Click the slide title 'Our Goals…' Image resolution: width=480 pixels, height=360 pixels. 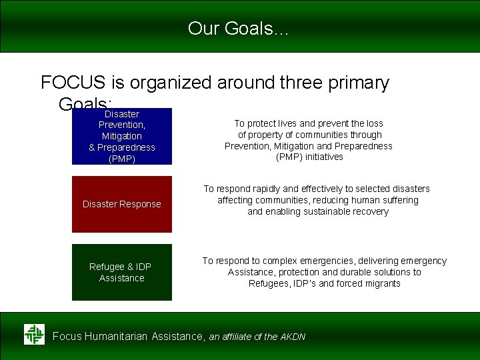pyautogui.click(x=239, y=28)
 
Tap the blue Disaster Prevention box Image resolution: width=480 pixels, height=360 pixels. pyautogui.click(x=121, y=137)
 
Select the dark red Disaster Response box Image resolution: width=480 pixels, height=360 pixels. pyautogui.click(x=121, y=204)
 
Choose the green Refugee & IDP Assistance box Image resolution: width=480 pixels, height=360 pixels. pyautogui.click(x=121, y=272)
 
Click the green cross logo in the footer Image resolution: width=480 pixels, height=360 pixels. pyautogui.click(x=34, y=334)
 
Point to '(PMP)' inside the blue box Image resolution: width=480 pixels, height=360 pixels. pyautogui.click(x=121, y=159)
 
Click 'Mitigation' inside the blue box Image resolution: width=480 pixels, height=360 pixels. pyautogui.click(x=121, y=136)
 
